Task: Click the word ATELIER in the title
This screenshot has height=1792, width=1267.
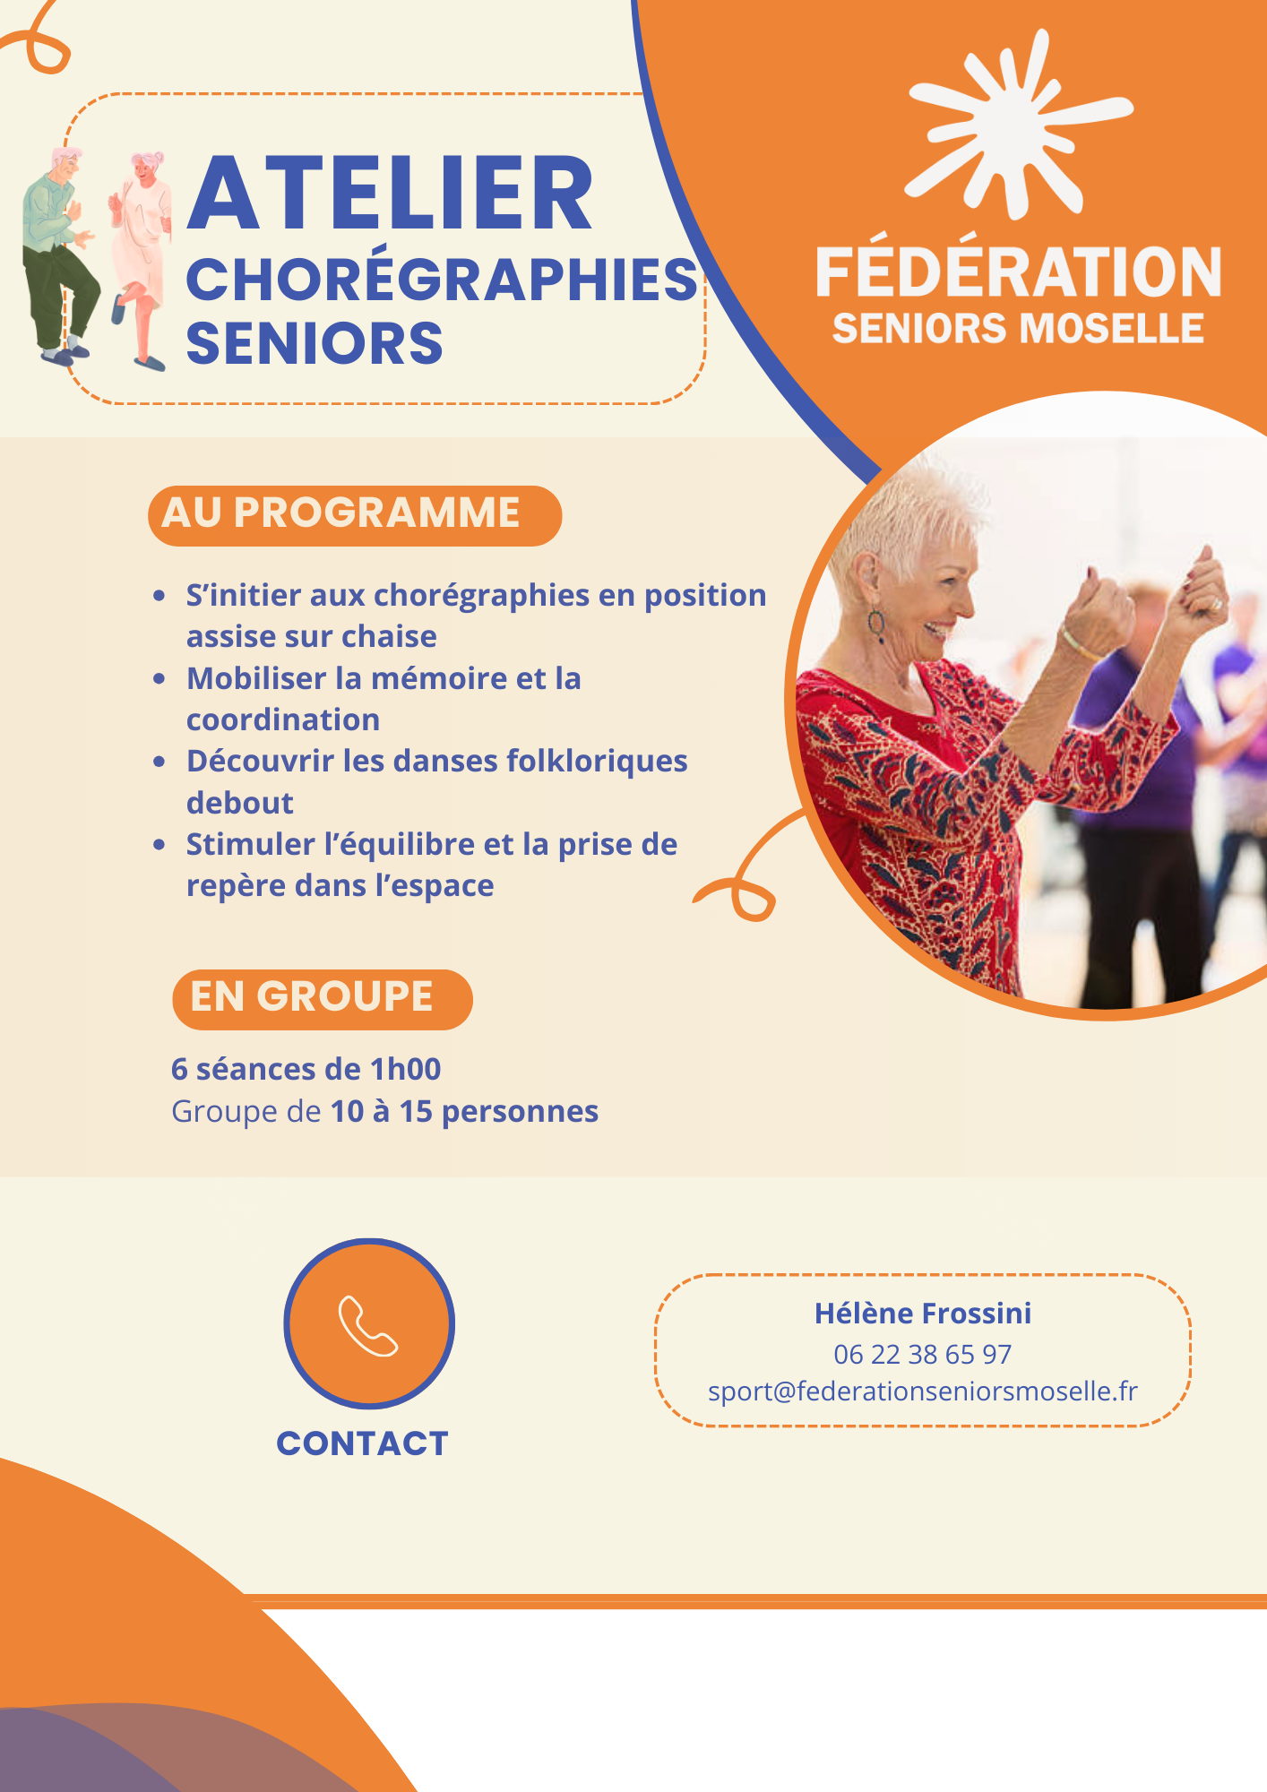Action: (x=390, y=194)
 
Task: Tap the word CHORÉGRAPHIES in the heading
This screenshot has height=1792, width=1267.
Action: (x=442, y=279)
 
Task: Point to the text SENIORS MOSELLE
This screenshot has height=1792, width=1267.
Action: (x=1018, y=329)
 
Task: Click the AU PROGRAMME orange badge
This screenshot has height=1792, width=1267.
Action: (x=355, y=515)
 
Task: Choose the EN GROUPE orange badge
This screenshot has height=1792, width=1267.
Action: (x=323, y=999)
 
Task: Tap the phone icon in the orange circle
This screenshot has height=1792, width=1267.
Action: (x=368, y=1325)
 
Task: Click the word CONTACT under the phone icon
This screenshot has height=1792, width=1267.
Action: (x=362, y=1443)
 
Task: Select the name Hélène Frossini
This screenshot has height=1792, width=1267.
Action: (x=923, y=1313)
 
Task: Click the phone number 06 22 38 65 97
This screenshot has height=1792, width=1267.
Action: (x=922, y=1354)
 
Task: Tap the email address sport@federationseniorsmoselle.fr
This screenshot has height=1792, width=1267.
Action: (x=923, y=1391)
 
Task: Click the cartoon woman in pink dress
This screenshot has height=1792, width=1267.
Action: (x=140, y=261)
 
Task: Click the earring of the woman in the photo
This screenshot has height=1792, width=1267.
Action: (x=876, y=625)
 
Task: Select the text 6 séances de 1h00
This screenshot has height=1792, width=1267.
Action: (x=306, y=1069)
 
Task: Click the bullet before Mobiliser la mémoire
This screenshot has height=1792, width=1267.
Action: (x=159, y=679)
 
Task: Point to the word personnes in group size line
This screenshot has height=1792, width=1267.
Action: (x=521, y=1112)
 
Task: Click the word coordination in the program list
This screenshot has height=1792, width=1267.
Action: (x=283, y=719)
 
